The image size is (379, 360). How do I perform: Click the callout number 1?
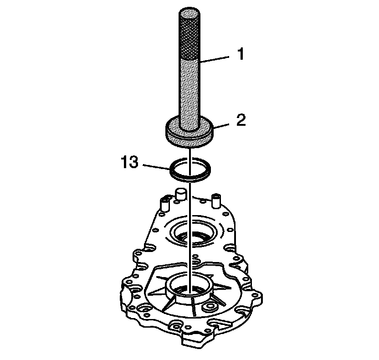[241, 54]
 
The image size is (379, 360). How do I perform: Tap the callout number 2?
[241, 120]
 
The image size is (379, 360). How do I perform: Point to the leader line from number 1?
[214, 60]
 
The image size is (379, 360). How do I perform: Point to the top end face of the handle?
[189, 13]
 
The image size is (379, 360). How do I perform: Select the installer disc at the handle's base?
[189, 134]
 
